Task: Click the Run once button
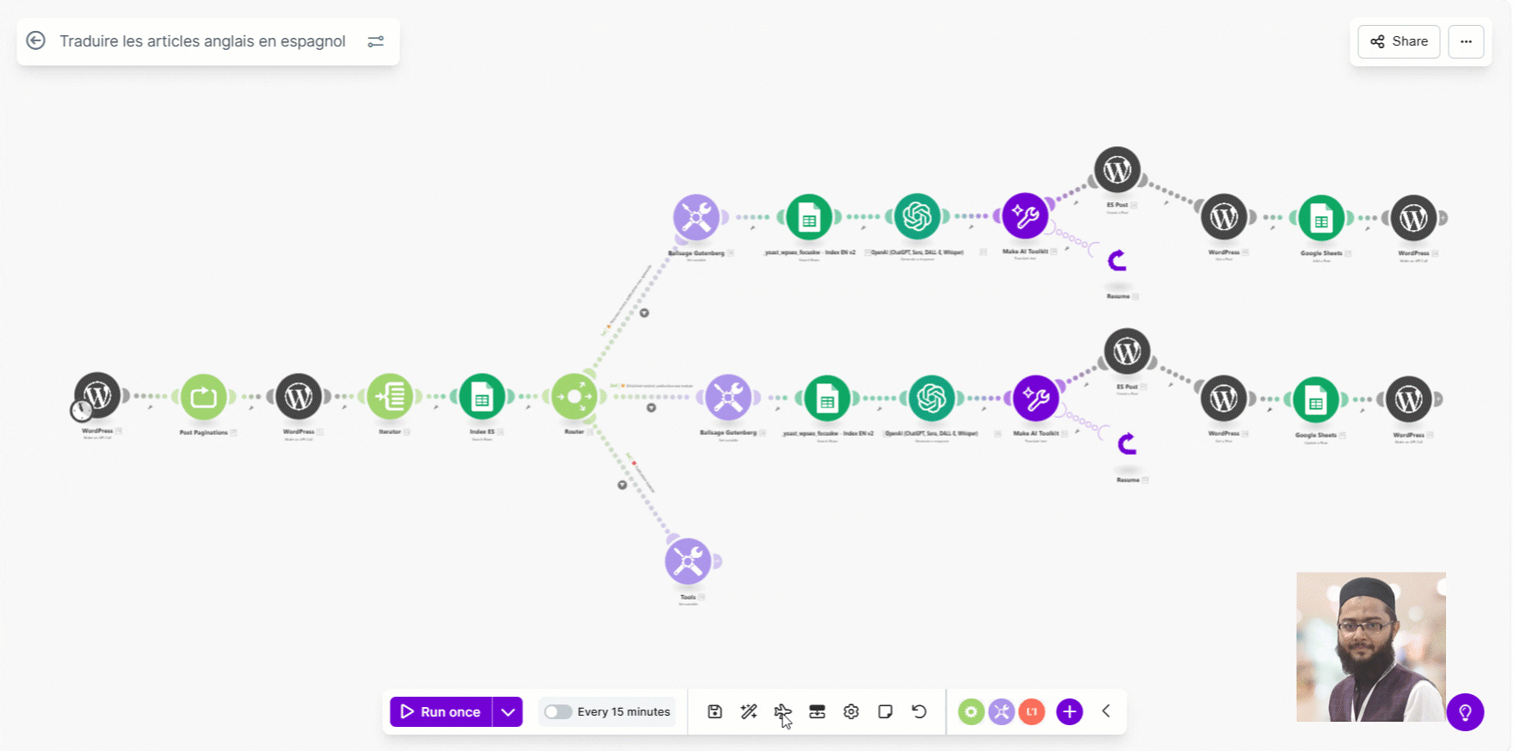pyautogui.click(x=441, y=712)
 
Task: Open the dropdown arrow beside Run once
pyautogui.click(x=508, y=712)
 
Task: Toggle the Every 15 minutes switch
pyautogui.click(x=558, y=712)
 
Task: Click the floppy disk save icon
pyautogui.click(x=714, y=712)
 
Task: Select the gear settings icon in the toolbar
pyautogui.click(x=851, y=712)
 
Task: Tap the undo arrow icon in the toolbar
pyautogui.click(x=919, y=712)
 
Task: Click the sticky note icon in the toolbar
pyautogui.click(x=885, y=712)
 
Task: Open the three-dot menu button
pyautogui.click(x=1466, y=41)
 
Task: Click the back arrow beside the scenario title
pyautogui.click(x=36, y=40)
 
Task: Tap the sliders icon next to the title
pyautogui.click(x=376, y=41)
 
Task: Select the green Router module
pyautogui.click(x=574, y=397)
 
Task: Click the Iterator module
pyautogui.click(x=390, y=397)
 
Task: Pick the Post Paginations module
pyautogui.click(x=204, y=397)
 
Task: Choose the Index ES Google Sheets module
pyautogui.click(x=482, y=397)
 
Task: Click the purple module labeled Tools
pyautogui.click(x=688, y=562)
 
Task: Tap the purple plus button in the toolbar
pyautogui.click(x=1069, y=712)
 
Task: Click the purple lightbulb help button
pyautogui.click(x=1465, y=712)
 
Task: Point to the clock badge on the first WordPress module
pyautogui.click(x=81, y=411)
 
